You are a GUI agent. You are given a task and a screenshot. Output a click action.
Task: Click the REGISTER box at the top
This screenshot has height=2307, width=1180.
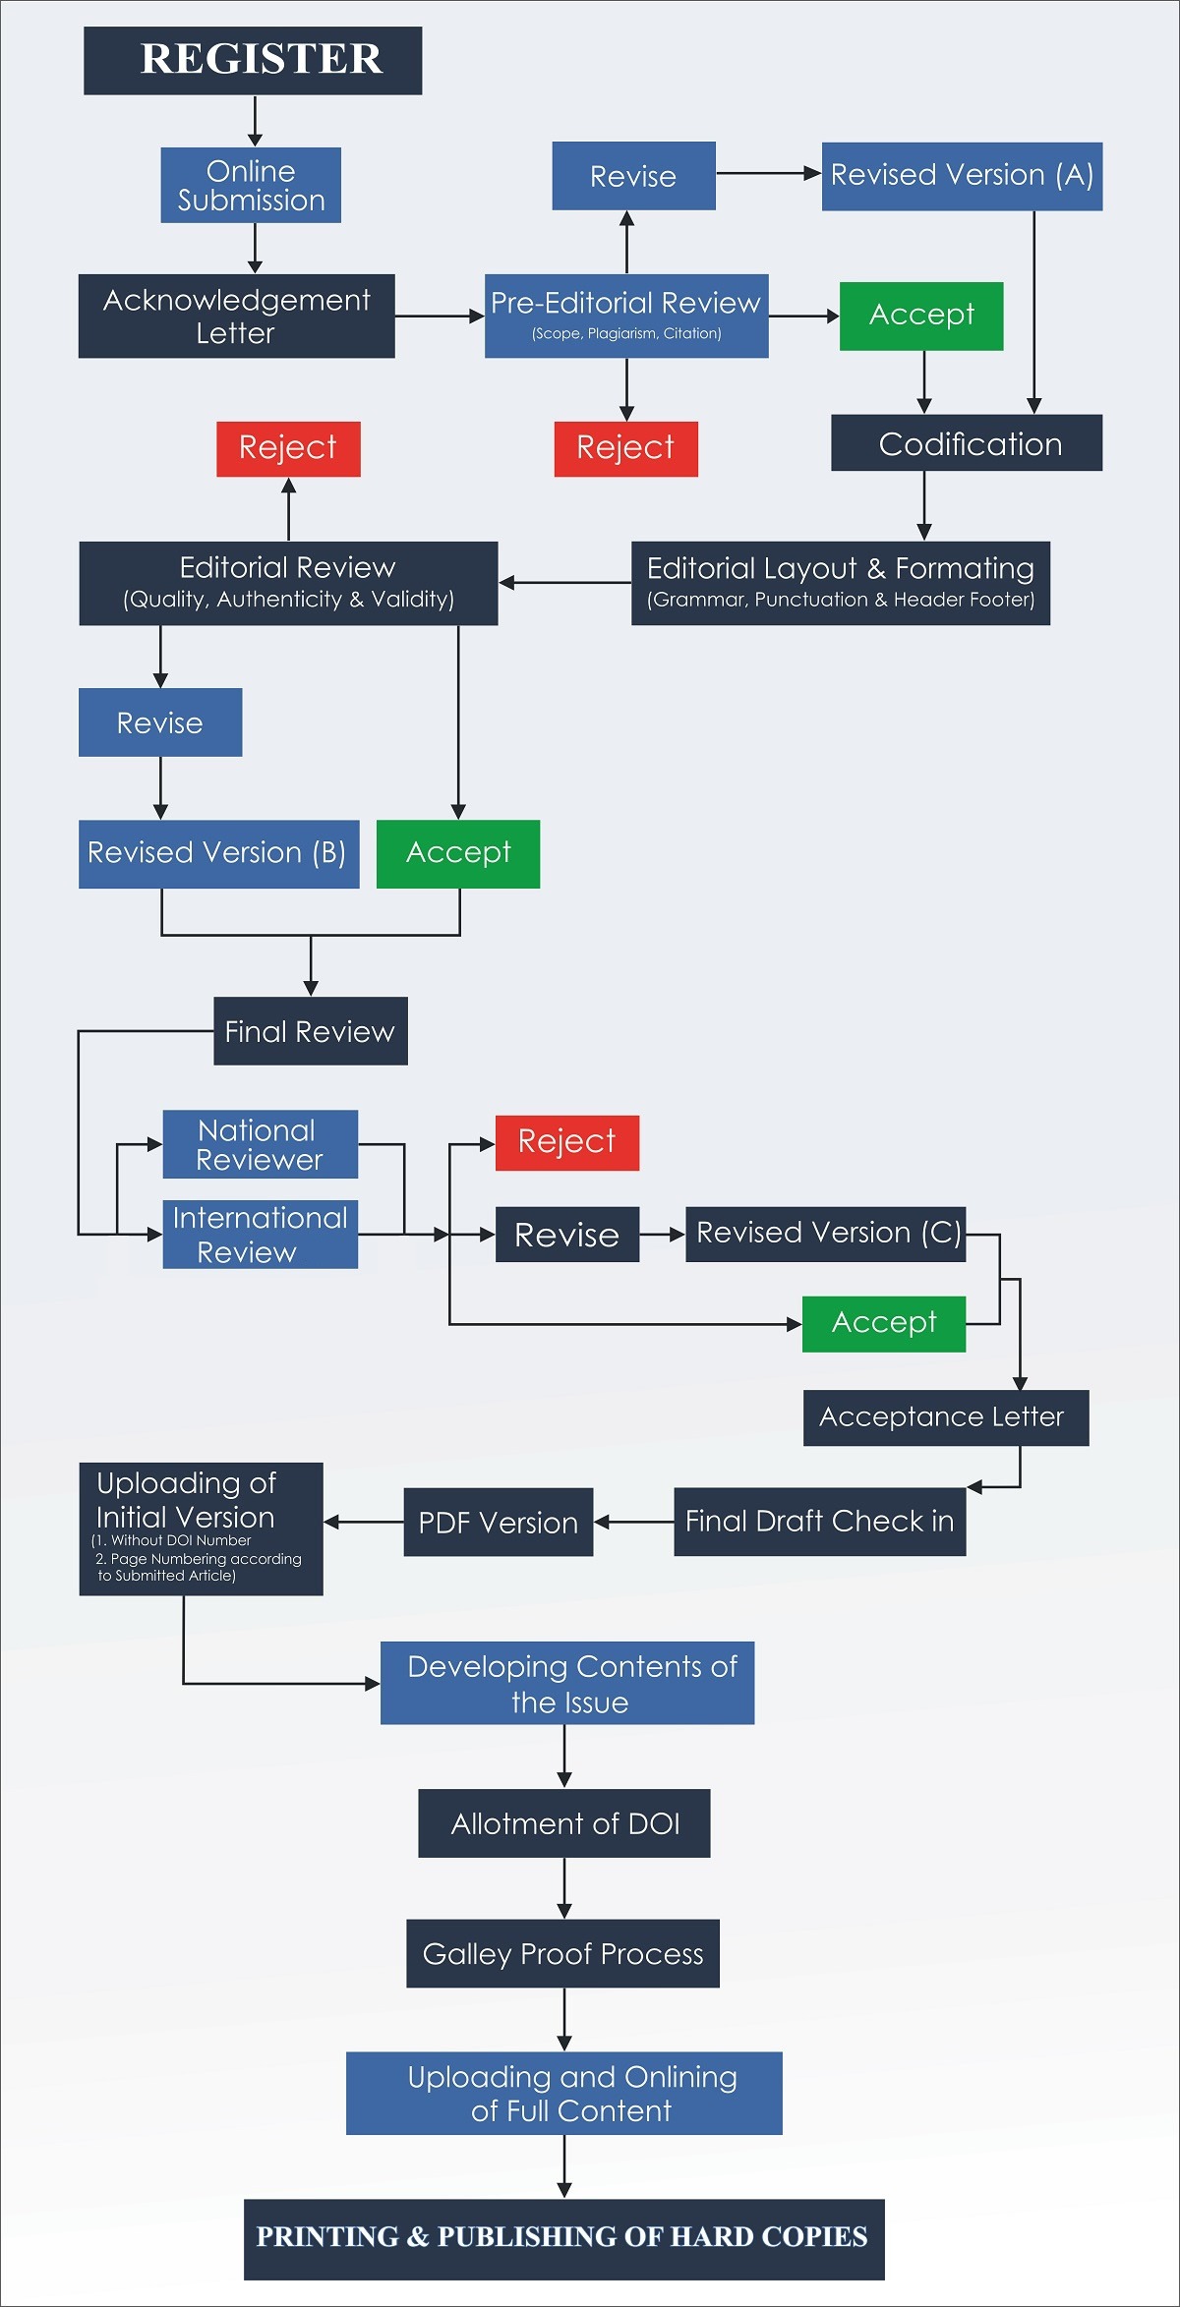tap(253, 61)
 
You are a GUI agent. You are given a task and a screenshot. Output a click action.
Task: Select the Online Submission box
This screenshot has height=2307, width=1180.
tap(251, 186)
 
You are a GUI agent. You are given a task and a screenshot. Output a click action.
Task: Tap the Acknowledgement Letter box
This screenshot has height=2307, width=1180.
tap(236, 317)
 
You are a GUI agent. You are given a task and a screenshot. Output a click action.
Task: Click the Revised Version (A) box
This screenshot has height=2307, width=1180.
tap(962, 176)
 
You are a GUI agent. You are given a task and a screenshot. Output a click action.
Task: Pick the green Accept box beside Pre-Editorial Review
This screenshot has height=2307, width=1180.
tap(921, 316)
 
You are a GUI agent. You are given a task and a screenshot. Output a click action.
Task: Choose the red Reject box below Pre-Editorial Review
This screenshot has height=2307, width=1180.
tap(625, 448)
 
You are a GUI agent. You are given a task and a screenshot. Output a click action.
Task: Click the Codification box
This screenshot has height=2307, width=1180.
tap(967, 443)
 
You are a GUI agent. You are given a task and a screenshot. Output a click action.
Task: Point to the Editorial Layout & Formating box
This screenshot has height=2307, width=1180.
tap(841, 583)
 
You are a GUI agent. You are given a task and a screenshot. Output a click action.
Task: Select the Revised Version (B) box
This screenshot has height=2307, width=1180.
tap(218, 853)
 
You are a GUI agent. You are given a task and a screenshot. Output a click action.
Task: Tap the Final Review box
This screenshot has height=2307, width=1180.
tap(311, 1031)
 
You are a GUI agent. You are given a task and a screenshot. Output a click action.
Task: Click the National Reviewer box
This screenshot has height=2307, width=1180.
tap(260, 1144)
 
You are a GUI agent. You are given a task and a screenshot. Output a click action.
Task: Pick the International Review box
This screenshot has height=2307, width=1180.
tap(260, 1235)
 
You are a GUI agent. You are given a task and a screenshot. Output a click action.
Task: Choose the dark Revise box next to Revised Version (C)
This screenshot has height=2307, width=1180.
tap(567, 1235)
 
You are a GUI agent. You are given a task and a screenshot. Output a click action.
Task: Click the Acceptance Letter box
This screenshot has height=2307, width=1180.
tap(945, 1417)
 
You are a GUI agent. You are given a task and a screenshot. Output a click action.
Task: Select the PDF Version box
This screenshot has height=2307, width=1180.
tap(499, 1523)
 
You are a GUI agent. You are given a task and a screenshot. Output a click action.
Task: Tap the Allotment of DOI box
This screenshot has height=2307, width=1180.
tap(564, 1823)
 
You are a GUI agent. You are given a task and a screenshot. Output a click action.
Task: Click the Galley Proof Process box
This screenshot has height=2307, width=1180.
tap(562, 1953)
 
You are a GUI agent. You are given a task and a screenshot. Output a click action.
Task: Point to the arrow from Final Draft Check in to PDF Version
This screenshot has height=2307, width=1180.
tap(633, 1523)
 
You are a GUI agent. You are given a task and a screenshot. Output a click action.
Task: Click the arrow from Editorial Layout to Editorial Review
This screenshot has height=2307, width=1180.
tap(564, 583)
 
